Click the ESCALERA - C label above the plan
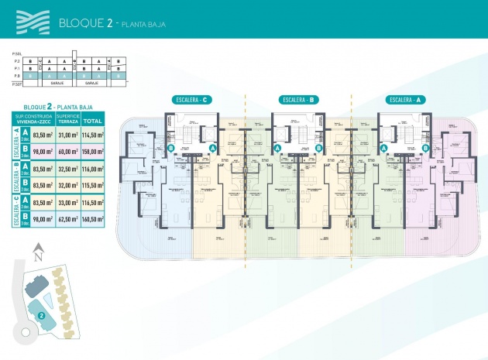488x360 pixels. (193, 99)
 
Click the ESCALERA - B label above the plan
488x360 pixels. (300, 99)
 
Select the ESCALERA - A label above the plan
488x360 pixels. (406, 99)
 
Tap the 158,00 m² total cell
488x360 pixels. (94, 152)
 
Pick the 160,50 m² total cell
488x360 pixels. (94, 219)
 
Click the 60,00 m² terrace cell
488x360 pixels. (67, 152)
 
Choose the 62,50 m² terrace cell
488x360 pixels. (67, 219)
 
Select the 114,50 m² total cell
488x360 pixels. (94, 135)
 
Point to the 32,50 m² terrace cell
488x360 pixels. (67, 169)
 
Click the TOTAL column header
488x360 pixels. (94, 121)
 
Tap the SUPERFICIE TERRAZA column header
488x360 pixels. (67, 121)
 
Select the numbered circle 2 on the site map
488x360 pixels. (40, 315)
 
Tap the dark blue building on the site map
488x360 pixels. (33, 286)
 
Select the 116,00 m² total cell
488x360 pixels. (94, 169)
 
